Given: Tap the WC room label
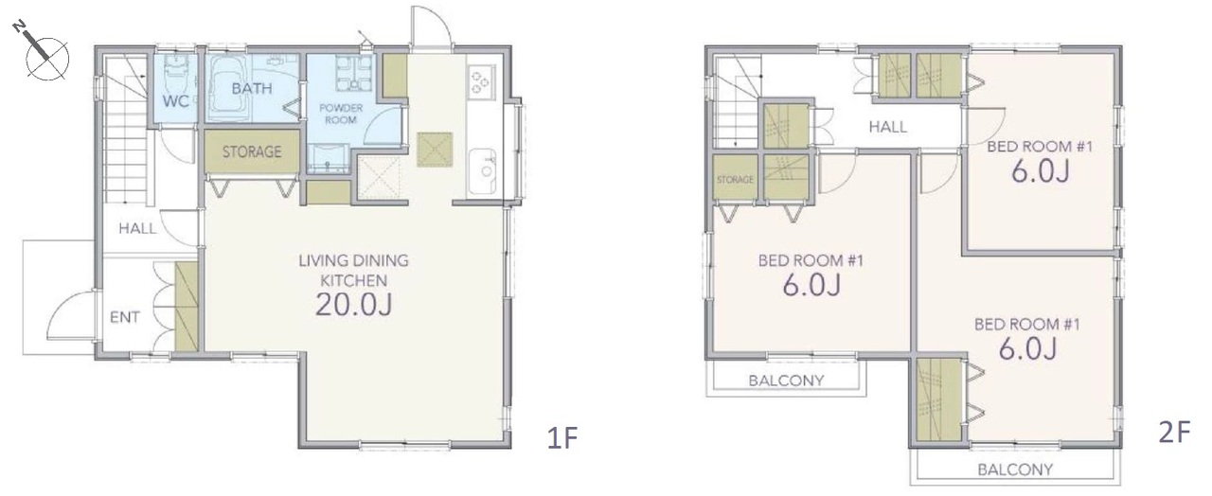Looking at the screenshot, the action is pyautogui.click(x=176, y=101).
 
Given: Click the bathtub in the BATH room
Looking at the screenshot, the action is pyautogui.click(x=228, y=89).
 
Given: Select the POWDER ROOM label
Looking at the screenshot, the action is pyautogui.click(x=341, y=114).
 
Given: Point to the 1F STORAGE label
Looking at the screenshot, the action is pyautogui.click(x=252, y=151).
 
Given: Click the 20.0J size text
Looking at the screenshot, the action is pyautogui.click(x=354, y=305).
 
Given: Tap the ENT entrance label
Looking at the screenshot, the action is pyautogui.click(x=125, y=317).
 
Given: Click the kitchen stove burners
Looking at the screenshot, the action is pyautogui.click(x=481, y=81).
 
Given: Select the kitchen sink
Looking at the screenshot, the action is pyautogui.click(x=482, y=171).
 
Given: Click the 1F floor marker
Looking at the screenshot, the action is pyautogui.click(x=562, y=437).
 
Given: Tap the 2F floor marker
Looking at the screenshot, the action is pyautogui.click(x=1174, y=433).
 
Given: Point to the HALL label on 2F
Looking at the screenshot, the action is pyautogui.click(x=888, y=127).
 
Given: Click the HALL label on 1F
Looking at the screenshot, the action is pyautogui.click(x=137, y=228).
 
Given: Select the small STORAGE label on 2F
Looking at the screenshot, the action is pyautogui.click(x=735, y=179).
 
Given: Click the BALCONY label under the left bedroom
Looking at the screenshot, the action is pyautogui.click(x=786, y=381).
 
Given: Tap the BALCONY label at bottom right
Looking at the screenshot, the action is pyautogui.click(x=1015, y=469).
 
